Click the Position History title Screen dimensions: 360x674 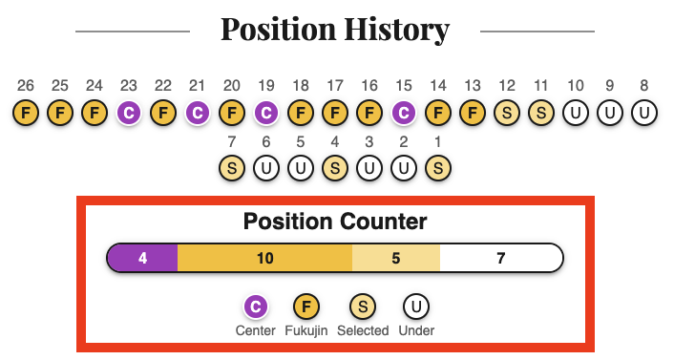pos(335,30)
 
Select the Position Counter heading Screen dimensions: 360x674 pos(335,222)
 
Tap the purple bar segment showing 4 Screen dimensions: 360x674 pos(142,258)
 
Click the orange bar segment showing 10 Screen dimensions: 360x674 pos(265,258)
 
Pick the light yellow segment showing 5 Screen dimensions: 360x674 pos(396,258)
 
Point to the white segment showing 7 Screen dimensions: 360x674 pos(501,258)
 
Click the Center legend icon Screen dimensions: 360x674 pos(255,307)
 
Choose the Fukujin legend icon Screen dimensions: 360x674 pos(305,307)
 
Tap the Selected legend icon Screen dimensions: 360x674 pos(364,307)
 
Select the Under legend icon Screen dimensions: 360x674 pos(416,307)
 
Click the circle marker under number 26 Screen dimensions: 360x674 pos(26,114)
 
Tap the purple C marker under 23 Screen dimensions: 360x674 pos(129,114)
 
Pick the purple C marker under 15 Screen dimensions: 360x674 pos(404,114)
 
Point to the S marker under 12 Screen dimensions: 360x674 pos(507,114)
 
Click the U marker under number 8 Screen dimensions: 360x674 pos(644,114)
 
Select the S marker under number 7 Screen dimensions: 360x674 pos(232,169)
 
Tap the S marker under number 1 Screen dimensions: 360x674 pos(438,169)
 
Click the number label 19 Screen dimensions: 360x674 pos(266,86)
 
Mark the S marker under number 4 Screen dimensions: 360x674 pos(335,169)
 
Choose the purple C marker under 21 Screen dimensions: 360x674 pos(198,114)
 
